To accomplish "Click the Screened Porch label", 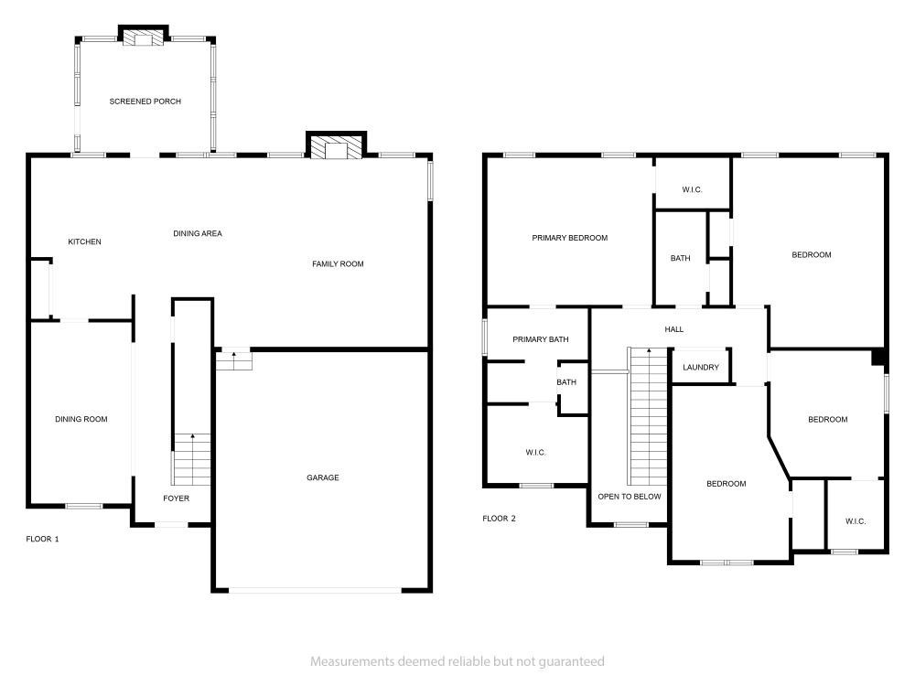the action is point(145,102).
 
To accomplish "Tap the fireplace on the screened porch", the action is point(144,36).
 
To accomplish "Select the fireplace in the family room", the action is point(336,145).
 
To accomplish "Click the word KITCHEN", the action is point(84,241).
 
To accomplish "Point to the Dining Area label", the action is point(198,233).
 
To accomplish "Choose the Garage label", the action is point(323,477).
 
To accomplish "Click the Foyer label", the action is point(177,498).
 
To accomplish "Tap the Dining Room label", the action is point(81,419).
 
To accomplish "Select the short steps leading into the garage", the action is point(234,360).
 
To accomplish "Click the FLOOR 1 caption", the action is point(43,539).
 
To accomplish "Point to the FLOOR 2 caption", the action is point(499,519).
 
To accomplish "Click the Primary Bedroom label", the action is point(569,238).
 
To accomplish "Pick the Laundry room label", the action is point(701,368).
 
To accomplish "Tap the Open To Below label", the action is point(630,497).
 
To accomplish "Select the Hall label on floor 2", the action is point(674,329).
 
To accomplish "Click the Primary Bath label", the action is point(541,339).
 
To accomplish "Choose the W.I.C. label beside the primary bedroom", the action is point(692,189).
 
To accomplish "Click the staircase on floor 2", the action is point(647,416).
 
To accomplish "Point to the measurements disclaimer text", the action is point(457,661).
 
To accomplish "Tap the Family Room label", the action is point(338,264).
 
